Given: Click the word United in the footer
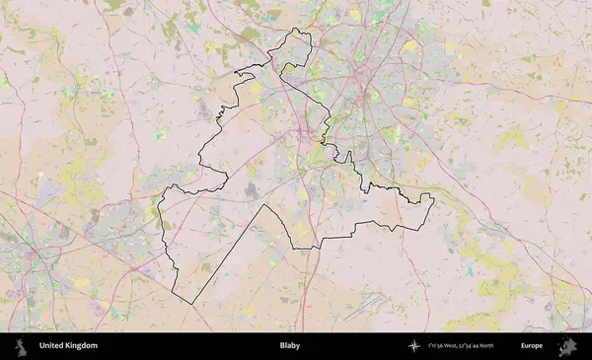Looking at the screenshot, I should [53, 346].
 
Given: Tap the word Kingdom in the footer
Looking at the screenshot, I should [82, 346].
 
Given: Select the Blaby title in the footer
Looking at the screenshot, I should [290, 346].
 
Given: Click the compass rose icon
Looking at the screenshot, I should [414, 346].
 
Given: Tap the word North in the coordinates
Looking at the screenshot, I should [513, 346].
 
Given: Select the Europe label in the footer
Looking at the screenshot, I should [533, 346].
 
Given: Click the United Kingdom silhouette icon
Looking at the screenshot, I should [21, 346].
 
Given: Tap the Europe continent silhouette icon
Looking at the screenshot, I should [567, 346].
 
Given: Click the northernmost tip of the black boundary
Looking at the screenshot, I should [296, 31].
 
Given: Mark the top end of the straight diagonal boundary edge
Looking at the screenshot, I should [261, 205].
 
